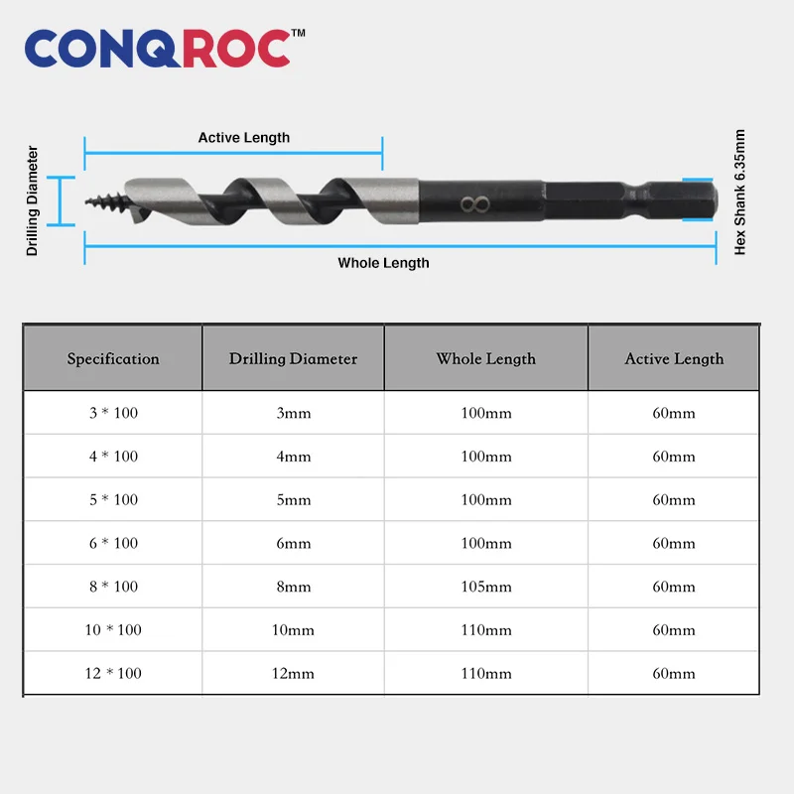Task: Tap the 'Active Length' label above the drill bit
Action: pos(244,138)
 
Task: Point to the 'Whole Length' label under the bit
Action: pos(383,263)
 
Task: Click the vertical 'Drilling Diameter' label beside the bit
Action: pos(33,201)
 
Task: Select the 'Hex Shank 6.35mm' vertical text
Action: pos(740,193)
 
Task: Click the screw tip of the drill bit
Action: pos(103,202)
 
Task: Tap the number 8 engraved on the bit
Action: pos(475,205)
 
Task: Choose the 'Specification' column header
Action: pos(113,359)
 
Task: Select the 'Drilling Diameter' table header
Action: pos(293,359)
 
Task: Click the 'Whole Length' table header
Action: pos(485,359)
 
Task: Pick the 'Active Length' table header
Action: pos(674,359)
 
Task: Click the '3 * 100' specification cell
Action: pos(113,413)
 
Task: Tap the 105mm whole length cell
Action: pos(486,587)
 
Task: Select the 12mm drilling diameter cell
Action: pos(294,673)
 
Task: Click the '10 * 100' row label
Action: pos(113,630)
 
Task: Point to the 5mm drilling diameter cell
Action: pos(294,500)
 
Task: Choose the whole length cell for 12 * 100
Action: pos(486,673)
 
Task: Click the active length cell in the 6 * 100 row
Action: pos(674,543)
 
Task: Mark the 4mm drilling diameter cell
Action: pos(294,457)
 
